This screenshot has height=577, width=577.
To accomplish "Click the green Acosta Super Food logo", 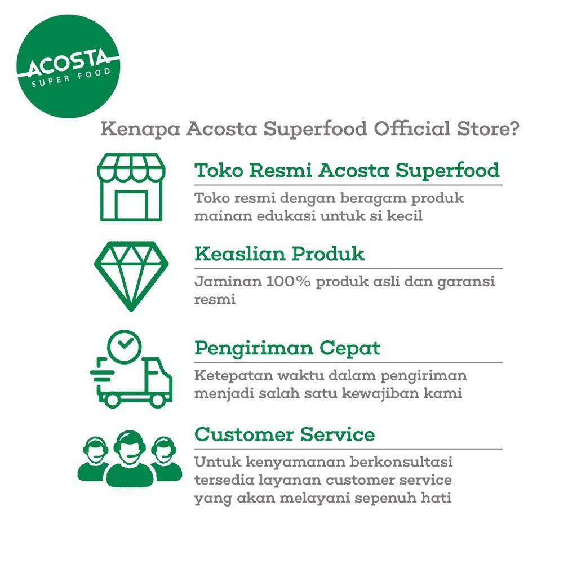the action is [68, 66].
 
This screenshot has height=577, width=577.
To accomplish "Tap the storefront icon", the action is [131, 187].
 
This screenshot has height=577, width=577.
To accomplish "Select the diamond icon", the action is [131, 276].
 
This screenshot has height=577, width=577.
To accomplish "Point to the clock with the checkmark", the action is [125, 347].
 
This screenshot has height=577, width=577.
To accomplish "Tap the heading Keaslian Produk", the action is [279, 254].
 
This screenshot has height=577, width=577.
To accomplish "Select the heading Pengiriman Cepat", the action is [287, 348].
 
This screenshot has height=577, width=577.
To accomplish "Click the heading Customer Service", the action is [285, 434].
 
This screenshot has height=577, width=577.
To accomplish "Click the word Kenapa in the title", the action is [140, 130].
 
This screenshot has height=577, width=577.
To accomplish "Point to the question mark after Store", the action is [514, 128].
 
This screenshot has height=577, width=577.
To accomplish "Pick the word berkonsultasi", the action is [401, 462].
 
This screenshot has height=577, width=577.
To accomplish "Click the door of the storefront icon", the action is [131, 205].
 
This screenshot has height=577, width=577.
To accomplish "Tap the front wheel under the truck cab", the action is [157, 401].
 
